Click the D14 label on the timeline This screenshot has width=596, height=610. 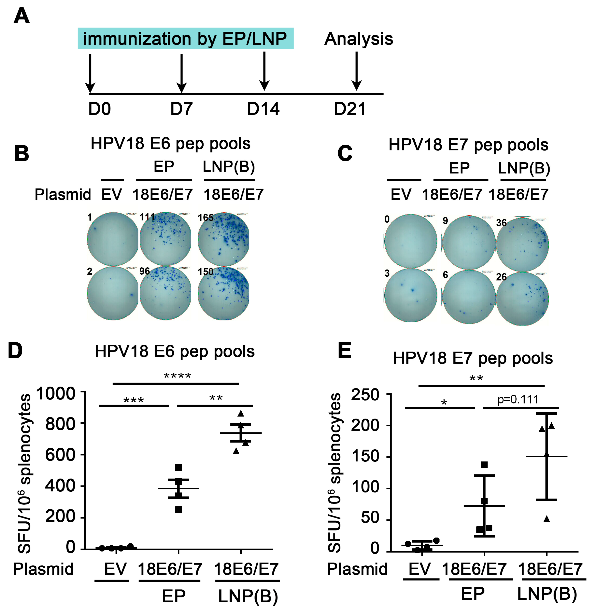(263, 109)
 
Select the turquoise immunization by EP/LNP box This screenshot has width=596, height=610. (185, 38)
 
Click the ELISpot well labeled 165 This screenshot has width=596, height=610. (223, 239)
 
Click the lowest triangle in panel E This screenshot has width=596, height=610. (547, 519)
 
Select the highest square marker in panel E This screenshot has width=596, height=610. (484, 465)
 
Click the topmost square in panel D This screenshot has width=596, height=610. (178, 468)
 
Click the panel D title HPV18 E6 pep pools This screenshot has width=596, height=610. (175, 351)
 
